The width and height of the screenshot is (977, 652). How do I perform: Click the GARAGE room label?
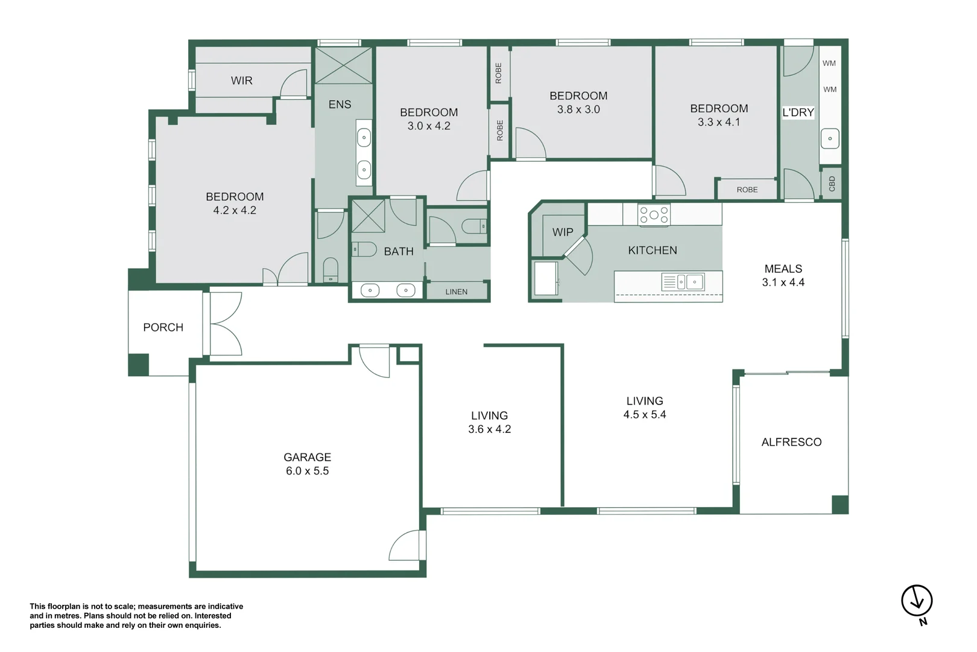point(307,457)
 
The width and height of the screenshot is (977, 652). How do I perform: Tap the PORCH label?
point(163,327)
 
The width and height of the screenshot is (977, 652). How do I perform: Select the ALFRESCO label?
point(791,442)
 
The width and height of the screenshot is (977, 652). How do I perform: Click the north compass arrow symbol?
point(917,601)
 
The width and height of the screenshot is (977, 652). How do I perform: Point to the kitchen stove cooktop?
point(653,215)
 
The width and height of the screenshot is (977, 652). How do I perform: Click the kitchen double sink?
point(683,282)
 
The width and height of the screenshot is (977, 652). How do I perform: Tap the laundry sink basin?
point(830,139)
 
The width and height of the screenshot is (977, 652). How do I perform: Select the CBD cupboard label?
point(832,184)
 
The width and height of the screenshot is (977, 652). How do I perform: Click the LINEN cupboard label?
point(456,292)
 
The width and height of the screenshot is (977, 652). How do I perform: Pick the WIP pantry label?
point(563,232)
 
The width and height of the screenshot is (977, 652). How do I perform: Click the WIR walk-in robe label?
point(242,80)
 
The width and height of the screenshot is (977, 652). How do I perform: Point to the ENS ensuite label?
point(340,104)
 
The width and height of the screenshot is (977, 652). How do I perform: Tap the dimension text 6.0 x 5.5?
point(307,471)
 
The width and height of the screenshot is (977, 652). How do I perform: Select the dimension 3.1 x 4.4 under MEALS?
point(783,282)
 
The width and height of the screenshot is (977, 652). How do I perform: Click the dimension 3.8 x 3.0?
point(578,109)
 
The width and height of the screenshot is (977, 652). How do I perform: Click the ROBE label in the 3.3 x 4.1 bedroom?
point(747,190)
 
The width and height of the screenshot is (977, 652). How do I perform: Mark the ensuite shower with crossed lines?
point(344,66)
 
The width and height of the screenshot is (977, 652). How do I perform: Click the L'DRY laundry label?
point(798,112)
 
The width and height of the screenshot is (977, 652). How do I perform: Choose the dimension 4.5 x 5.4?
point(645,414)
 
